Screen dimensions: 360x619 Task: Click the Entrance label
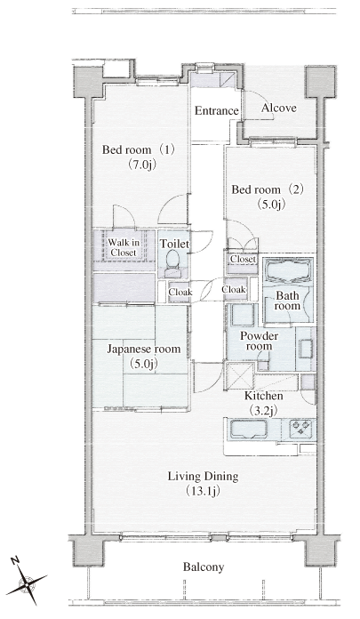217,110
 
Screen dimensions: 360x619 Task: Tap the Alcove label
279,108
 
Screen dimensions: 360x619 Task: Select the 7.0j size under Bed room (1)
141,165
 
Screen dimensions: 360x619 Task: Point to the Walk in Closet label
124,247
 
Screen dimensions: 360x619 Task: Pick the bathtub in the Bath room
288,270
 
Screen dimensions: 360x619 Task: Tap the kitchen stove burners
301,429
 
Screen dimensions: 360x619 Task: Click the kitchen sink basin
248,430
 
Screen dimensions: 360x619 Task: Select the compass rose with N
27,581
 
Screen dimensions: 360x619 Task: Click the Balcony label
204,567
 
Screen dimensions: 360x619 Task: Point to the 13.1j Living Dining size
203,491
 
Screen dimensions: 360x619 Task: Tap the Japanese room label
144,349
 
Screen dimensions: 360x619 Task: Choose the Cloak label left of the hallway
180,292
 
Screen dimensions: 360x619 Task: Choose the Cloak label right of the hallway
234,289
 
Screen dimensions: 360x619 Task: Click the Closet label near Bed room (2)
244,260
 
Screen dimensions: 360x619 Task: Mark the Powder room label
260,342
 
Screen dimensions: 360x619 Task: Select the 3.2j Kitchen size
262,411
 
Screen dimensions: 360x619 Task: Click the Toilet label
174,244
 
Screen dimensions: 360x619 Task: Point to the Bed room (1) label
138,149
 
